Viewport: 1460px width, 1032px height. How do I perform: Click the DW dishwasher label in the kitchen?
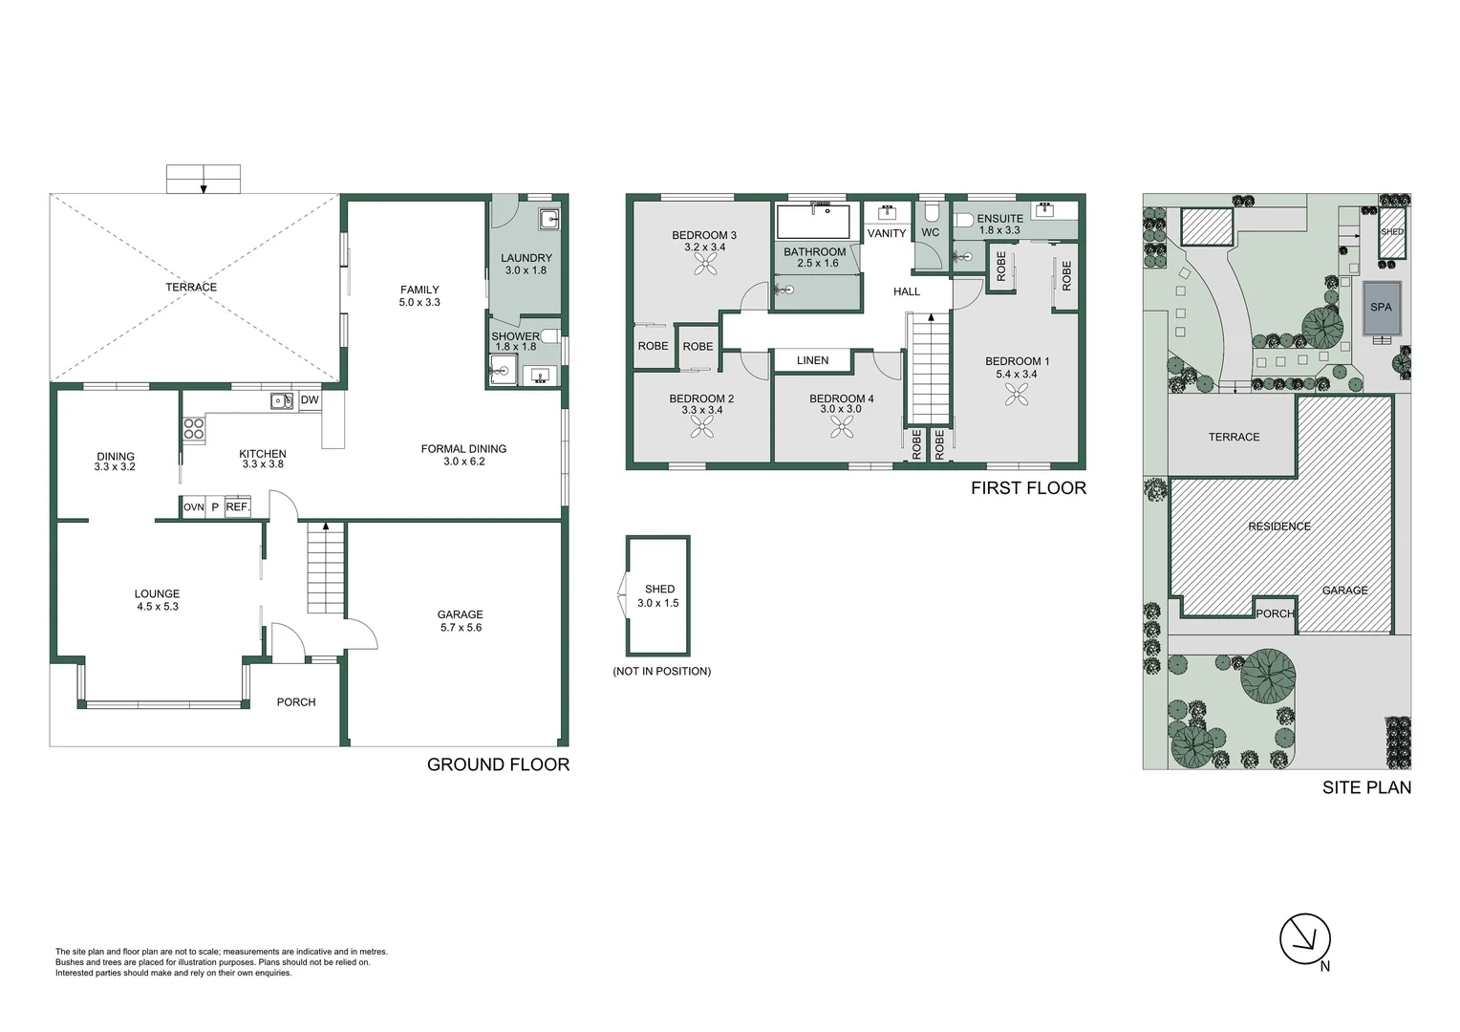(x=310, y=400)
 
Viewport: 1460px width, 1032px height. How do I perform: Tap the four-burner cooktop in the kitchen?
(x=194, y=430)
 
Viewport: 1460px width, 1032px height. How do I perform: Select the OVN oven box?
(x=194, y=507)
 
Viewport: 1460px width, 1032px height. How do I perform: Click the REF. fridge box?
(x=237, y=507)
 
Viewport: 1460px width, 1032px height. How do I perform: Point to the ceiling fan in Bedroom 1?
(x=1017, y=393)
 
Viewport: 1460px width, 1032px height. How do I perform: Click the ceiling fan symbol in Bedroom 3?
(x=705, y=269)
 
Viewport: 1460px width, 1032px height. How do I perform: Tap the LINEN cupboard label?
(x=812, y=360)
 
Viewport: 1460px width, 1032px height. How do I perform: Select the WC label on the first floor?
(x=931, y=232)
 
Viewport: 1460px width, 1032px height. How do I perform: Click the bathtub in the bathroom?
(x=813, y=222)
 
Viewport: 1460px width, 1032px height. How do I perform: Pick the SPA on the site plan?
(x=1381, y=308)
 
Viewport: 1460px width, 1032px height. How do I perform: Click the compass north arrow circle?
(x=1304, y=938)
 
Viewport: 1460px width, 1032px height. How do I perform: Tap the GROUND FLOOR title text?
(x=498, y=764)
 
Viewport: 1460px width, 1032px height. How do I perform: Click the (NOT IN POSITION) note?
(x=661, y=671)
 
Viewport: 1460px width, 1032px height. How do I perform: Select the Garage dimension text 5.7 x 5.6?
(x=461, y=628)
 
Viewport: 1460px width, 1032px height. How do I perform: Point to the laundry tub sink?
(x=549, y=220)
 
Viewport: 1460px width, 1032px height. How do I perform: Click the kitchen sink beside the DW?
(x=281, y=401)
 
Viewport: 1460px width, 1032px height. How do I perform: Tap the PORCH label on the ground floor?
(x=296, y=701)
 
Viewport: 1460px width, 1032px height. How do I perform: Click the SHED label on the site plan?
(x=1392, y=232)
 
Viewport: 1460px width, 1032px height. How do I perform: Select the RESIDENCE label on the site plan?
(x=1278, y=527)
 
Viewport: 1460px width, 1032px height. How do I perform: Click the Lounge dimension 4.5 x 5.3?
(x=158, y=606)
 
